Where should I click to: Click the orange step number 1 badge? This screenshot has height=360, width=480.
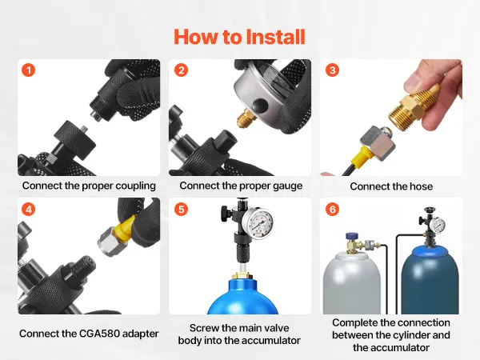[x=29, y=70]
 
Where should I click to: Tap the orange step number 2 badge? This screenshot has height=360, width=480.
[x=182, y=70]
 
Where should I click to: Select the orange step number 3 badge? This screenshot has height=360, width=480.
[x=333, y=70]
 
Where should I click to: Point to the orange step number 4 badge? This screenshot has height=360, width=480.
[x=29, y=210]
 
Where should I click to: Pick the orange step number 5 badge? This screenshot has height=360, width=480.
[x=182, y=210]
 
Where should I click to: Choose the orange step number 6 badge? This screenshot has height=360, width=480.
[x=333, y=210]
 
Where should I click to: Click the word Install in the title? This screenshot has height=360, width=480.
[x=275, y=37]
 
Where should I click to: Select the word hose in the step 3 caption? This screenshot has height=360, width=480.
[x=421, y=186]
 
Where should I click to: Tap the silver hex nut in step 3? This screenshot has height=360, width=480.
[x=377, y=142]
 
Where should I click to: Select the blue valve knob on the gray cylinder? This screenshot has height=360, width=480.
[x=352, y=237]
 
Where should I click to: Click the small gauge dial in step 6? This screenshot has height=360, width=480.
[x=438, y=226]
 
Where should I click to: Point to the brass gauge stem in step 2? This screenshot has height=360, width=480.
[x=246, y=118]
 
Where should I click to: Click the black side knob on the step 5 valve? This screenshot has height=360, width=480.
[x=226, y=211]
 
